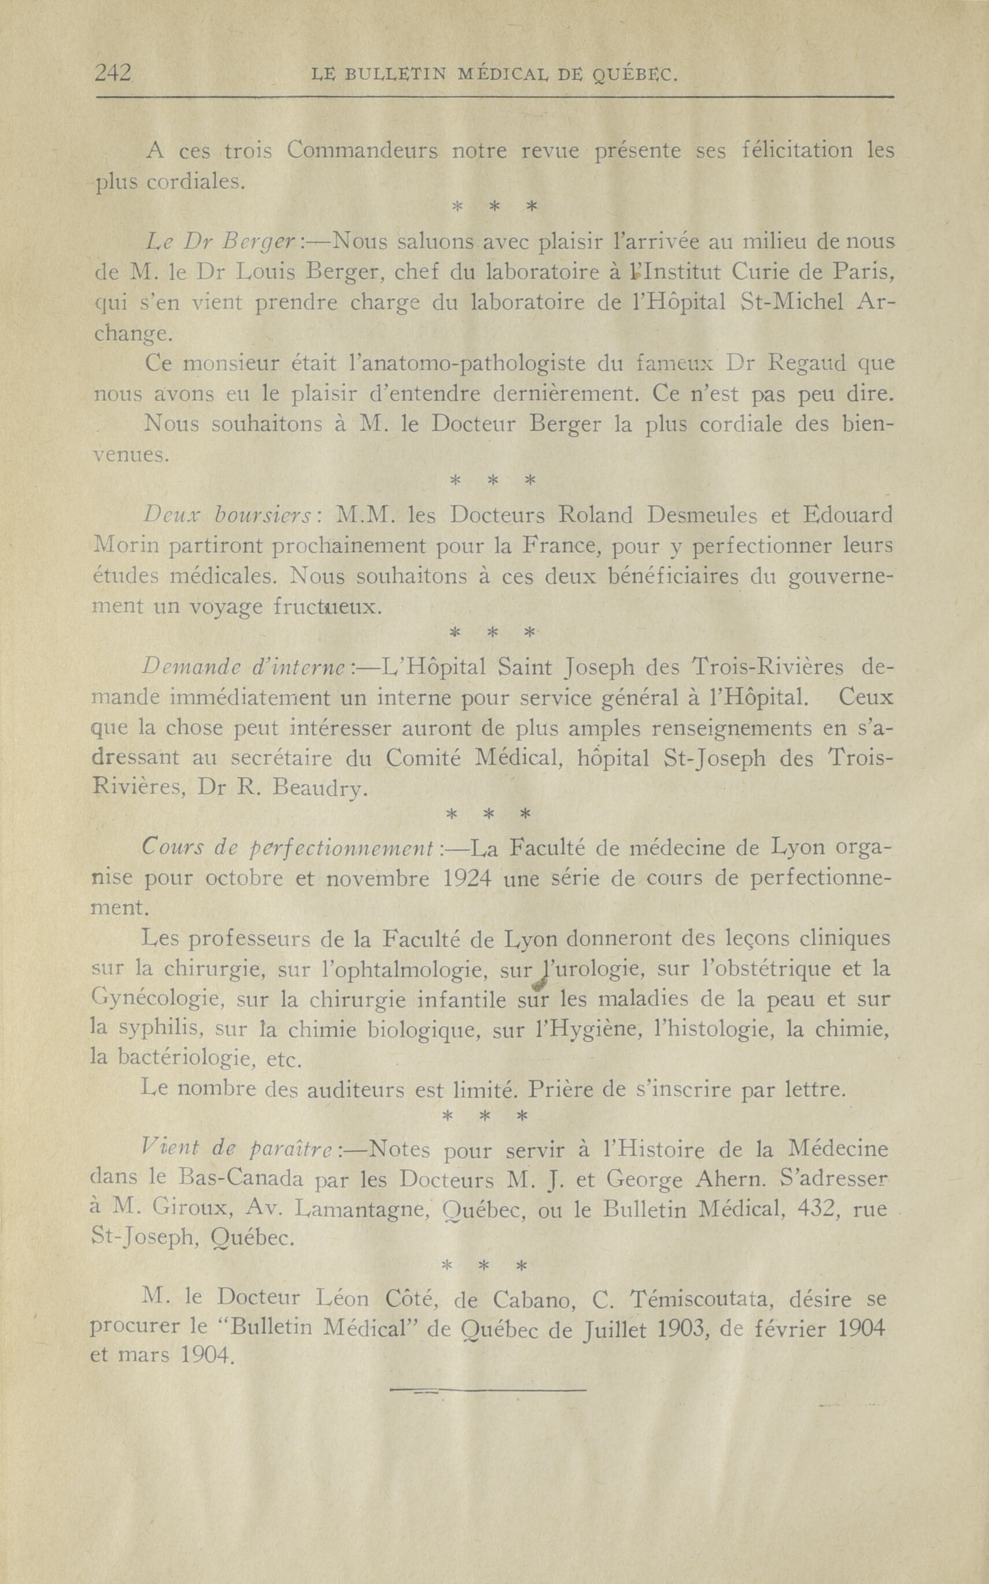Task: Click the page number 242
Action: (114, 73)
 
